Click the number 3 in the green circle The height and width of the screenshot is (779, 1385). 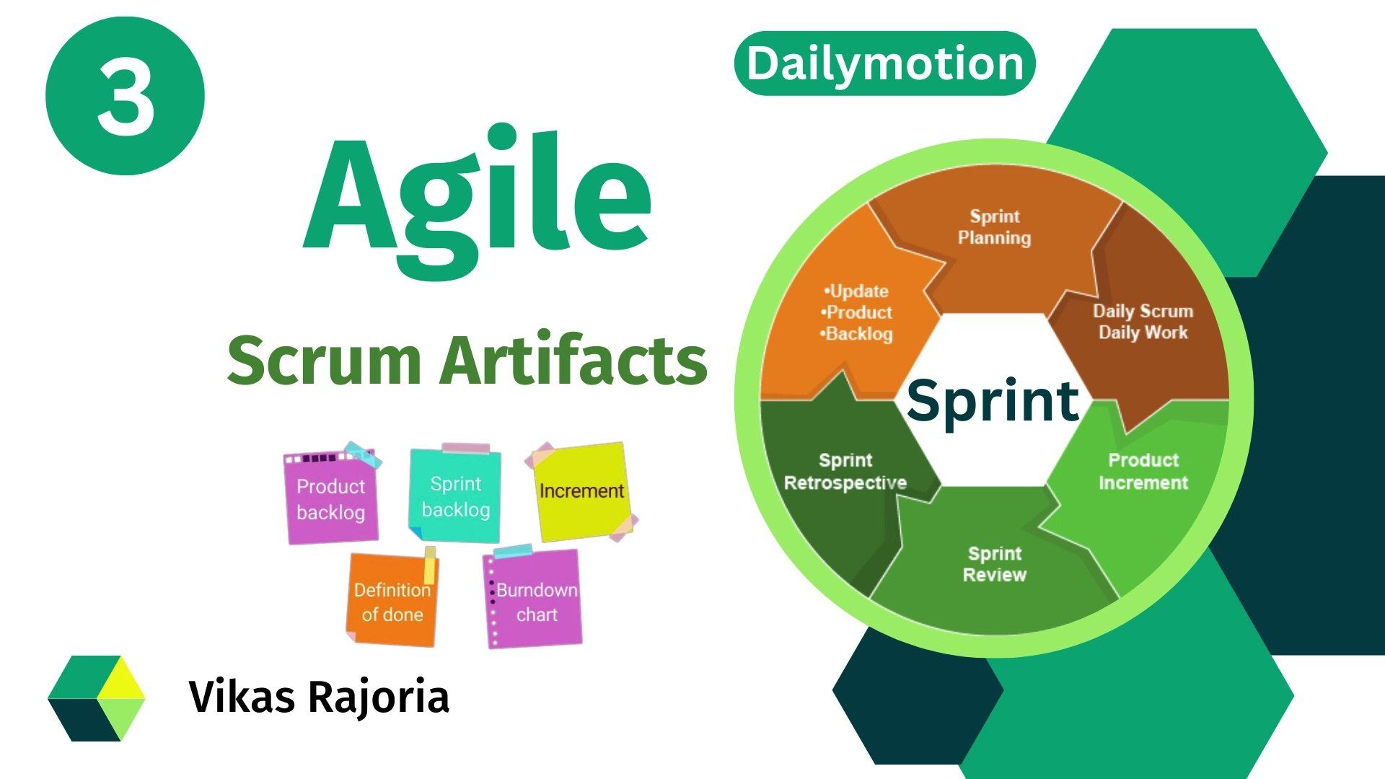point(126,97)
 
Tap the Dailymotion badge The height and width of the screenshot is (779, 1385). point(884,63)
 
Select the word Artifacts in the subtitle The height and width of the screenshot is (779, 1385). point(574,360)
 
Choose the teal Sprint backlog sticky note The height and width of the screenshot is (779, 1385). point(455,496)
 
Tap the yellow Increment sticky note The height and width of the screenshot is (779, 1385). point(581,491)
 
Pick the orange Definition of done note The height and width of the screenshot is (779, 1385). point(392,602)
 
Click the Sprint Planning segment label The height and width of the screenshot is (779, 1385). point(994,227)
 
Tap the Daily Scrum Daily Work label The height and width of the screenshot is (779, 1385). point(1143,322)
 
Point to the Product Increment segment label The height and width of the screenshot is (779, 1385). point(1143,471)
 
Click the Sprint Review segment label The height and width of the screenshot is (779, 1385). point(994,564)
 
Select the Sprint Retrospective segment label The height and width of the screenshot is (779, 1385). point(845,471)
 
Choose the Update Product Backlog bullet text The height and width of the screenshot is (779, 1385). point(857,312)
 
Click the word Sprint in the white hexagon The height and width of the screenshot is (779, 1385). point(993,400)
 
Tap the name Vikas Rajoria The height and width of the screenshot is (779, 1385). point(319,697)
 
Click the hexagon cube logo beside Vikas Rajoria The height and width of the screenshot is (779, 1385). point(97,697)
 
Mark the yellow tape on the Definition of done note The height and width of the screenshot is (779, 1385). point(429,565)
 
